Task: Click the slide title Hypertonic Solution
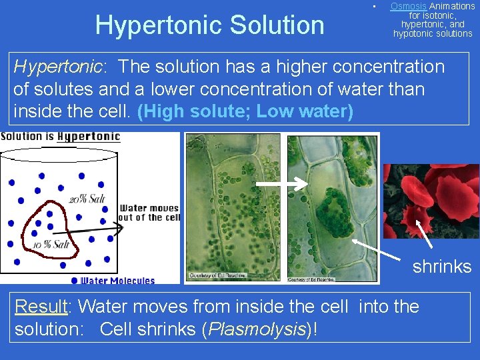[209, 25]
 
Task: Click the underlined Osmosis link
[408, 6]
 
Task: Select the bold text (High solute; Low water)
[245, 111]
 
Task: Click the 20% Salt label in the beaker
[87, 199]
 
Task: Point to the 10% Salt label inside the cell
[51, 245]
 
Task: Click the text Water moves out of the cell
[150, 213]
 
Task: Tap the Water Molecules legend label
[117, 281]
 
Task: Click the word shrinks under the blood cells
[441, 267]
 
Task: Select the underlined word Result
[41, 307]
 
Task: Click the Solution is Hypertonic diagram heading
[61, 137]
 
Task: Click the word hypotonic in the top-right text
[414, 33]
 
